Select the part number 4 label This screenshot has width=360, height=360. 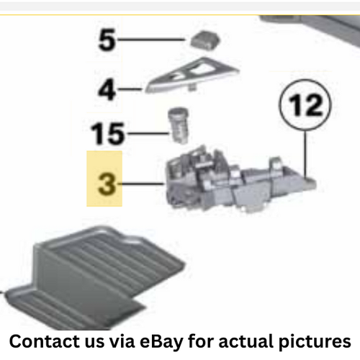click(x=107, y=91)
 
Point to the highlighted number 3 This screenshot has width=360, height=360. click(x=105, y=184)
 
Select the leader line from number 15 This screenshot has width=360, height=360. click(x=148, y=133)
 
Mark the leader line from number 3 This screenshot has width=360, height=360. click(x=144, y=185)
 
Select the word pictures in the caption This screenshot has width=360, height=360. click(x=318, y=339)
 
